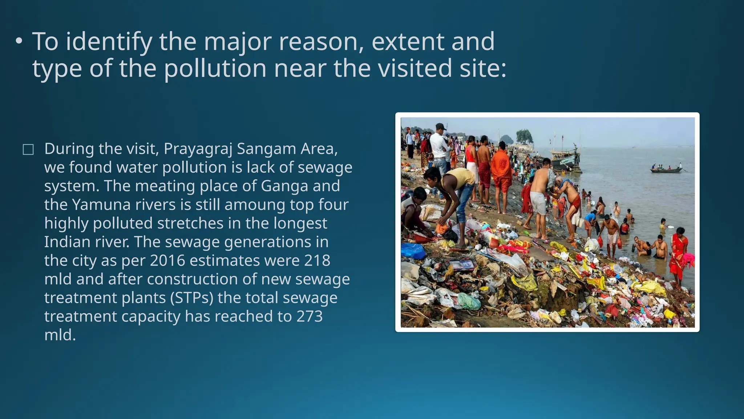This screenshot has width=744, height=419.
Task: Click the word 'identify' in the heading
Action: (109, 42)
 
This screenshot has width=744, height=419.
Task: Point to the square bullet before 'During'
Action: (28, 149)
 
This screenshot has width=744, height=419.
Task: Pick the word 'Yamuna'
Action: (101, 204)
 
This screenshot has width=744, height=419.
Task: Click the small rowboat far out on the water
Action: (666, 169)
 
